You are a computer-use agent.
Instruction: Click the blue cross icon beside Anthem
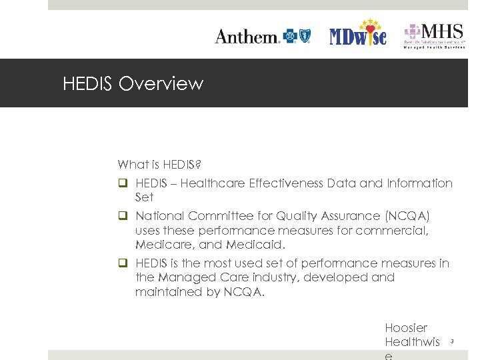tap(291, 36)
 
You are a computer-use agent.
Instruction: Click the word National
tap(160, 216)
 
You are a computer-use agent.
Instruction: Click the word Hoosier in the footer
tap(406, 328)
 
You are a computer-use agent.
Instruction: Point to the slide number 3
tap(452, 342)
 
